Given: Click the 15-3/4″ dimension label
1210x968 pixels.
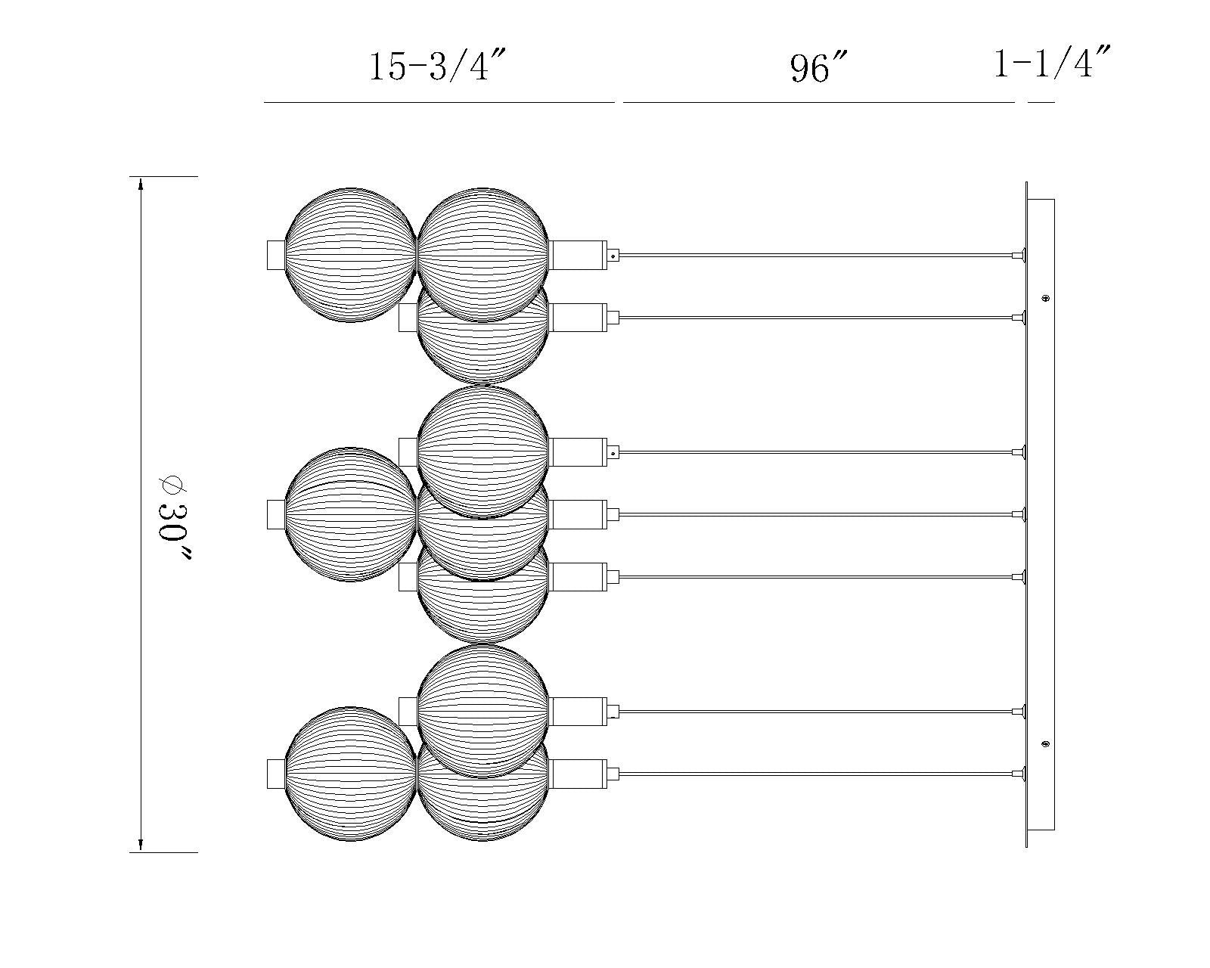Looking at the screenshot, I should pyautogui.click(x=436, y=67).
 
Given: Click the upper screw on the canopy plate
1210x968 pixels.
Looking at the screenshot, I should pyautogui.click(x=1046, y=298).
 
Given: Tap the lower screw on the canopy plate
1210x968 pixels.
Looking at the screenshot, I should pyautogui.click(x=1046, y=744).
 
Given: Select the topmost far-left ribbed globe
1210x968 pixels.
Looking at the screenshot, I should pyautogui.click(x=351, y=255).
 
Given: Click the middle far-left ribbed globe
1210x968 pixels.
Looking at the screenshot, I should pyautogui.click(x=351, y=514).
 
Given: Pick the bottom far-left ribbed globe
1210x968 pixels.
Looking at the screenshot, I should pyautogui.click(x=351, y=774).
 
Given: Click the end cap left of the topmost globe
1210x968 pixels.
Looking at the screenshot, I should pyautogui.click(x=276, y=255).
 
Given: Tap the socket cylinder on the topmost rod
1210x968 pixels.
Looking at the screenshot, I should pyautogui.click(x=578, y=255).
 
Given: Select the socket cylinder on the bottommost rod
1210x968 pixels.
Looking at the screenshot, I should pyautogui.click(x=578, y=774).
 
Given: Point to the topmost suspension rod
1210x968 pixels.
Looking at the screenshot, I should pyautogui.click(x=817, y=255).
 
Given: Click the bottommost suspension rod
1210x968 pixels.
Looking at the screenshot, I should pyautogui.click(x=817, y=774).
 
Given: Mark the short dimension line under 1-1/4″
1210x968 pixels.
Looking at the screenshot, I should pyautogui.click(x=1041, y=101).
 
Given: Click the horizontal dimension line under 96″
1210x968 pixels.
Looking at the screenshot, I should pyautogui.click(x=818, y=101).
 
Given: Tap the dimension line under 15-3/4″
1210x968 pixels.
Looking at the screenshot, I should pyautogui.click(x=439, y=101).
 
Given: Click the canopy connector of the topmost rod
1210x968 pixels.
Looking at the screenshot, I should pyautogui.click(x=1019, y=255).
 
